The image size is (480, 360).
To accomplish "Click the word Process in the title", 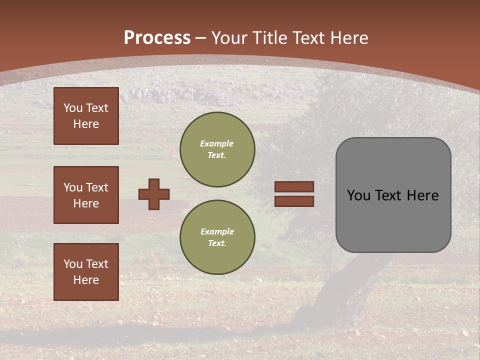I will click(x=157, y=38).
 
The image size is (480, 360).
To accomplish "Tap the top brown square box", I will click(x=86, y=116).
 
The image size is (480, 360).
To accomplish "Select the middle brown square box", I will click(x=86, y=195).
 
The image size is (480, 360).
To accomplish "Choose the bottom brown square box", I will click(x=86, y=272).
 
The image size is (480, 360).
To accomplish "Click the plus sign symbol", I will click(x=154, y=194).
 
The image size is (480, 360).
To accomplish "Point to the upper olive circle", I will click(x=217, y=149).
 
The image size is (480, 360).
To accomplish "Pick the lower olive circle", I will click(x=217, y=237).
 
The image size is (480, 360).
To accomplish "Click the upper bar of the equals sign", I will click(x=294, y=187).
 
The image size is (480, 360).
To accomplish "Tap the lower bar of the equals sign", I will click(x=294, y=201).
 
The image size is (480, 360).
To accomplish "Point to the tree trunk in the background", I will click(x=340, y=290).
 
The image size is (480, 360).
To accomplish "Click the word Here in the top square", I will click(x=86, y=124).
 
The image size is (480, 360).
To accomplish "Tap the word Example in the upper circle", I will click(x=216, y=143).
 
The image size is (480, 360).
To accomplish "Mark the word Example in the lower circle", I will click(x=217, y=231).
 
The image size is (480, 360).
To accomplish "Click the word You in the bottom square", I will click(x=72, y=264).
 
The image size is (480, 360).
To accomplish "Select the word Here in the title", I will click(x=349, y=38).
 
